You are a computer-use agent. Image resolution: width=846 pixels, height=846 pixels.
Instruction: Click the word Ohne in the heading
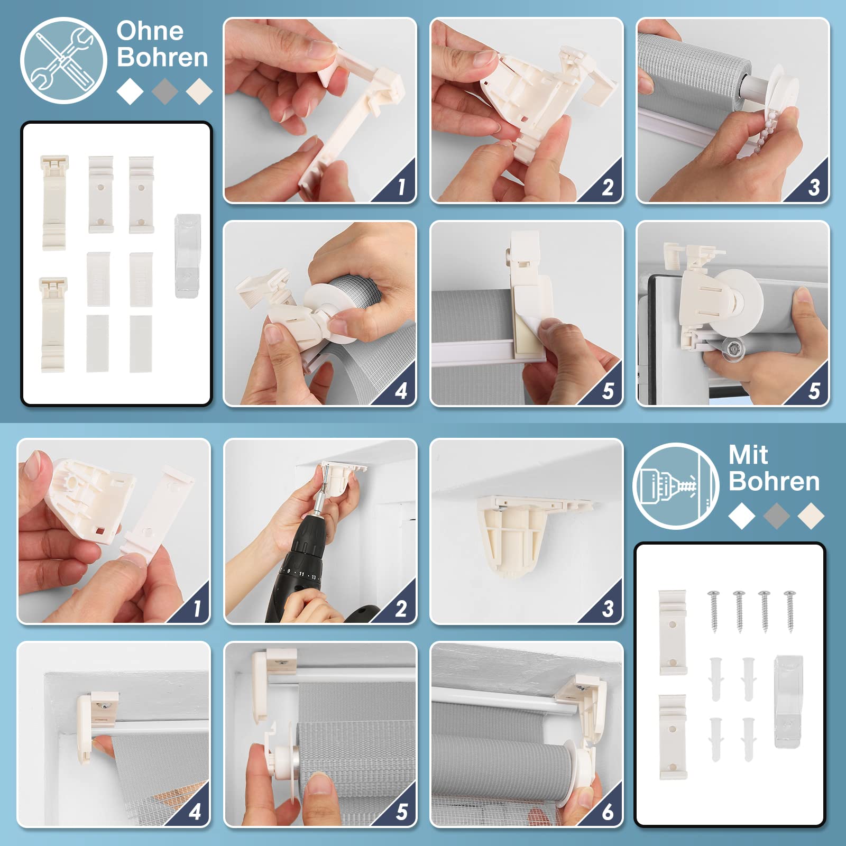click(150, 31)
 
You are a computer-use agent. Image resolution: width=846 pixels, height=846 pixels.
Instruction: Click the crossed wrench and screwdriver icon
click(63, 60)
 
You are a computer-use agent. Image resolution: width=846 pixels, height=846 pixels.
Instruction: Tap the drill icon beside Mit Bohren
click(676, 486)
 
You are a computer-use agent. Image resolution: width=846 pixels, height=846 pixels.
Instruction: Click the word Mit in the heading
click(748, 455)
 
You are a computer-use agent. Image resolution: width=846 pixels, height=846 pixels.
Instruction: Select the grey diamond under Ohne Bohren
click(164, 91)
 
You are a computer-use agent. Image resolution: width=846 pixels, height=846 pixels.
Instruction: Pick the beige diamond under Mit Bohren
click(811, 516)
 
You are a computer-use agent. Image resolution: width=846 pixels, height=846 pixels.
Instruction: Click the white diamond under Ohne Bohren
click(130, 91)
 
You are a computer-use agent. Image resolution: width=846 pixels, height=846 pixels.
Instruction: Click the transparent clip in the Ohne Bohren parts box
click(187, 249)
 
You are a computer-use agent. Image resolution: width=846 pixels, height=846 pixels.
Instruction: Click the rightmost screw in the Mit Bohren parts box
click(790, 611)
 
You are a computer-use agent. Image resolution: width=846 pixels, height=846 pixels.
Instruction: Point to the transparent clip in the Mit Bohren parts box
click(788, 701)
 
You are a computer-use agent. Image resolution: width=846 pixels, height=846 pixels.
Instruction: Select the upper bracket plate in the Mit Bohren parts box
click(673, 632)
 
